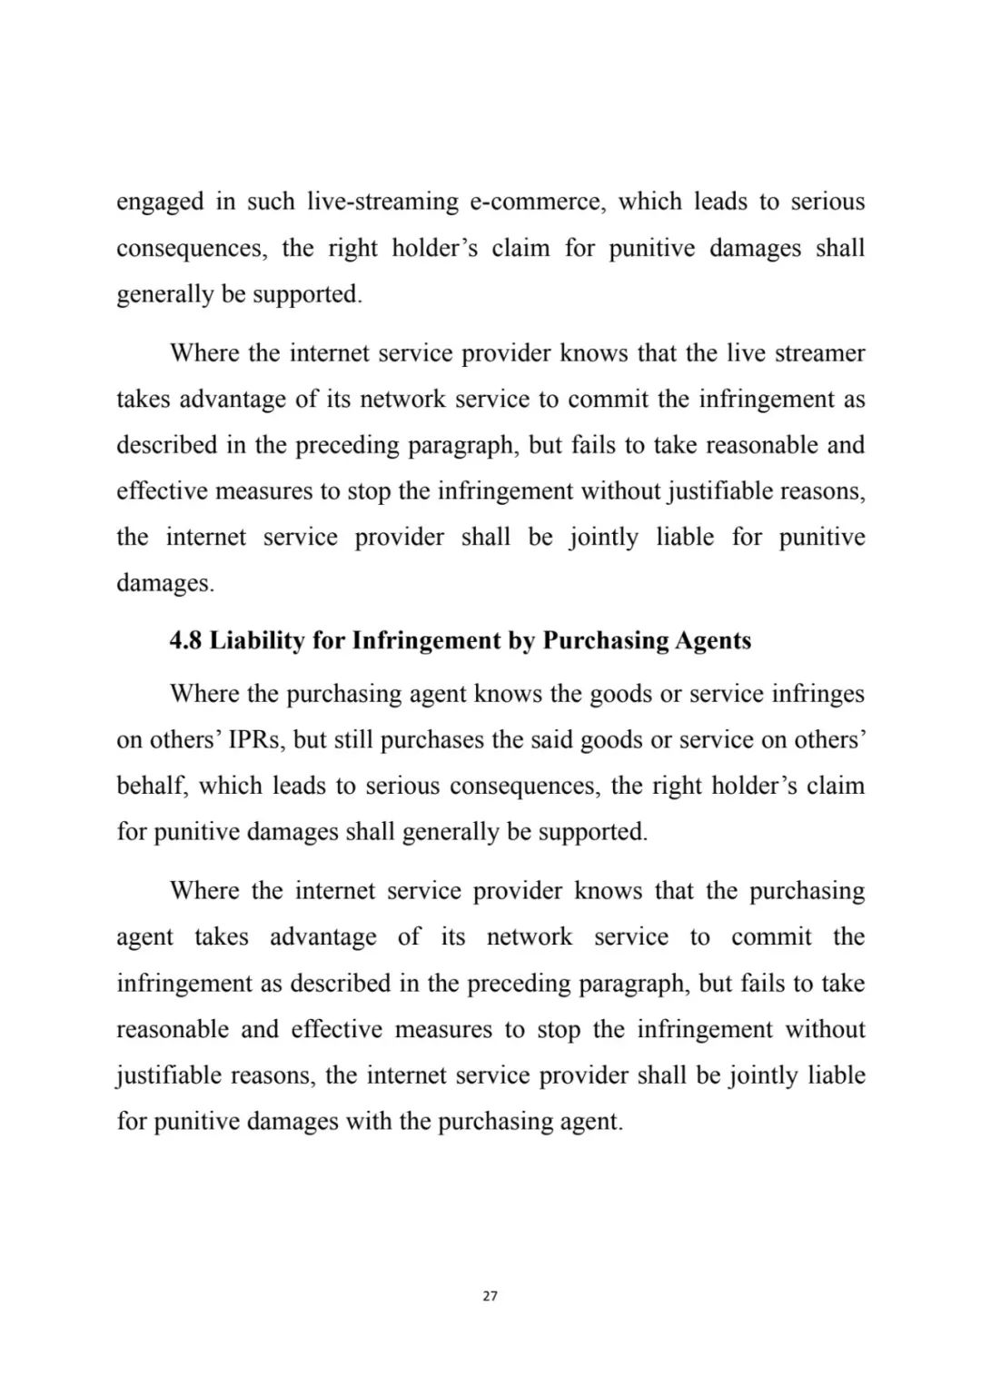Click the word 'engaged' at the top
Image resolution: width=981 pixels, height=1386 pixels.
(x=160, y=202)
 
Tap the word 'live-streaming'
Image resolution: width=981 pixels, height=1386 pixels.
(x=382, y=202)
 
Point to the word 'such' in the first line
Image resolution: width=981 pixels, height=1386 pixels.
(x=271, y=202)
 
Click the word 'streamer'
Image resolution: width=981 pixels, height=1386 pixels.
(x=819, y=352)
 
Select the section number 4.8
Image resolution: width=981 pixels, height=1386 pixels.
(x=186, y=641)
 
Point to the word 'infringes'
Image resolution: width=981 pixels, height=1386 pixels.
(x=817, y=694)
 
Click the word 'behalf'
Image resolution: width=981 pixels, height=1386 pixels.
(x=152, y=786)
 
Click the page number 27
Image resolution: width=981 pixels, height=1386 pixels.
(x=490, y=1296)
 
